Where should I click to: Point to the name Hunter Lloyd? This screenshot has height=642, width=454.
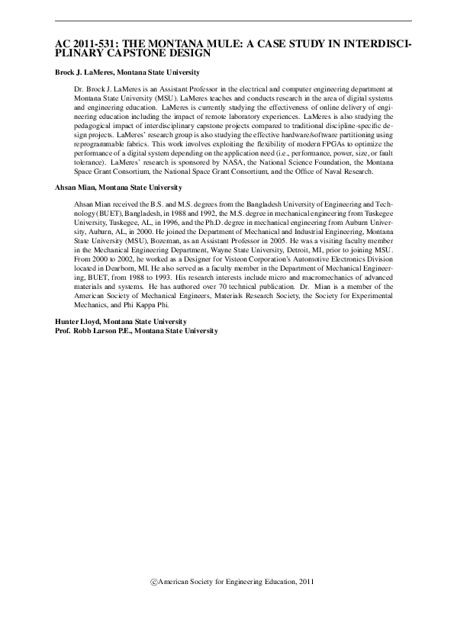(x=79, y=323)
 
